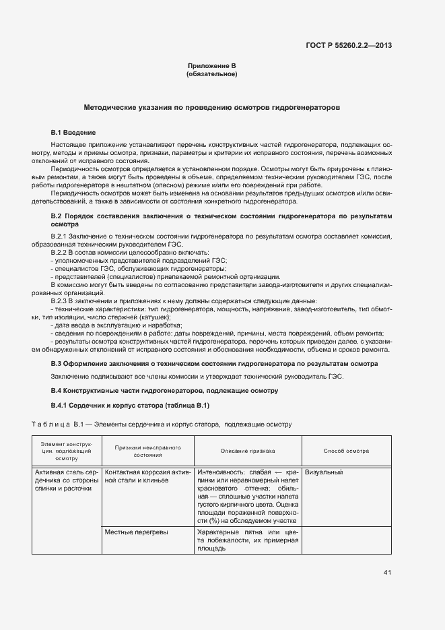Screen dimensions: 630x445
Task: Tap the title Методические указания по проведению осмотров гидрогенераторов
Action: (x=211, y=107)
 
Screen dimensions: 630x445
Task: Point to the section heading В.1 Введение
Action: (x=73, y=133)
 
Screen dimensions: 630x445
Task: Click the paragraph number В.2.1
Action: (x=61, y=236)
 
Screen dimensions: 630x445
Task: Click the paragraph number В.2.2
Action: (x=61, y=252)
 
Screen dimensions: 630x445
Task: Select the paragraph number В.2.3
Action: (x=61, y=301)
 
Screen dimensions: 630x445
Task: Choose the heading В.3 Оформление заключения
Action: (x=214, y=364)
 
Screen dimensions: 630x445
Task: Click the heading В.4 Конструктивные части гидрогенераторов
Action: (x=165, y=391)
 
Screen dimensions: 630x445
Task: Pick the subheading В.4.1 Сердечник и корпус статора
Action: (x=131, y=406)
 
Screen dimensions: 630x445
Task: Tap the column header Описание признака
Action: (x=248, y=451)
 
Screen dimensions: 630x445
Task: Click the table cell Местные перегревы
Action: (x=137, y=532)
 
